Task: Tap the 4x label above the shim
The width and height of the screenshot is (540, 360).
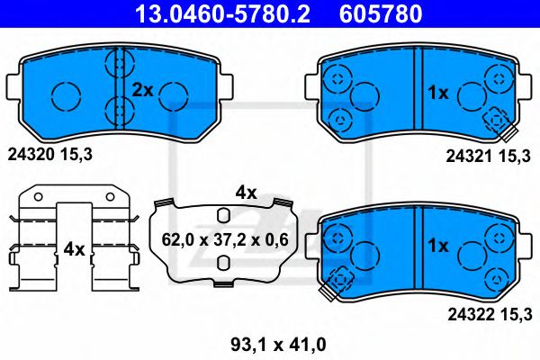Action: pyautogui.click(x=246, y=191)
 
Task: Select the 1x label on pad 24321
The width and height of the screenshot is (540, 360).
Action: pyautogui.click(x=438, y=91)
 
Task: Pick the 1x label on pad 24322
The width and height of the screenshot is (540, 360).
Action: pyautogui.click(x=438, y=246)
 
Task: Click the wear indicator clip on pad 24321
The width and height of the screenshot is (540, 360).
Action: pyautogui.click(x=496, y=121)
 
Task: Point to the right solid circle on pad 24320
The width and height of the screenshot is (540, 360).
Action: pyautogui.click(x=175, y=93)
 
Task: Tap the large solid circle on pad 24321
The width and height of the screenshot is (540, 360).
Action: pyautogui.click(x=364, y=94)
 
